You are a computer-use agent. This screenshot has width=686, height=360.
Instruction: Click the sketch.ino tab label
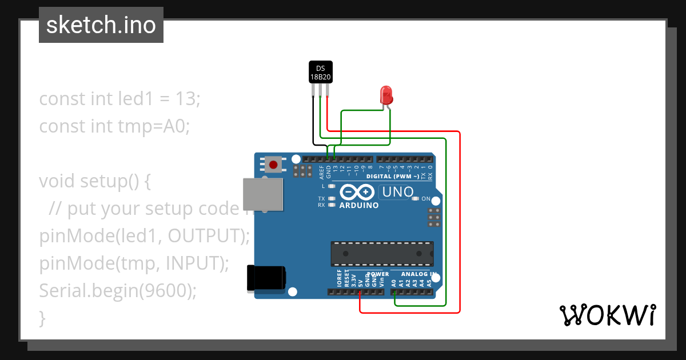[101, 25]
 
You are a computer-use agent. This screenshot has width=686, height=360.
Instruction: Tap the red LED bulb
[386, 94]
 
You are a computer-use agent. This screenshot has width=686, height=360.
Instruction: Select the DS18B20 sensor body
[320, 72]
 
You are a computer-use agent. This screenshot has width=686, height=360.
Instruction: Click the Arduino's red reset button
[273, 165]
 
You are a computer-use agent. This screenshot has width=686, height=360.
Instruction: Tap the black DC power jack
[265, 278]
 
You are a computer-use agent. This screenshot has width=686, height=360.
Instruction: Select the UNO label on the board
[397, 192]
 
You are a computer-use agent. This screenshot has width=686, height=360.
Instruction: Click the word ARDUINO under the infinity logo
[358, 205]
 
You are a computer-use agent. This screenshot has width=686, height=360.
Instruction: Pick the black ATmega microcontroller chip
[382, 254]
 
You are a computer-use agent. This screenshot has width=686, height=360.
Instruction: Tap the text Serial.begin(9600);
[118, 291]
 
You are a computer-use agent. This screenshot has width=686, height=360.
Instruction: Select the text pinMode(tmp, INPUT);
[134, 263]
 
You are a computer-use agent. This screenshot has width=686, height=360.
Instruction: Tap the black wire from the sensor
[313, 123]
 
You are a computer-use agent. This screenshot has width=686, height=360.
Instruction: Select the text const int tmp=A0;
[114, 126]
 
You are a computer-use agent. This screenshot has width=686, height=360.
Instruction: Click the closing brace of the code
[42, 317]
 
